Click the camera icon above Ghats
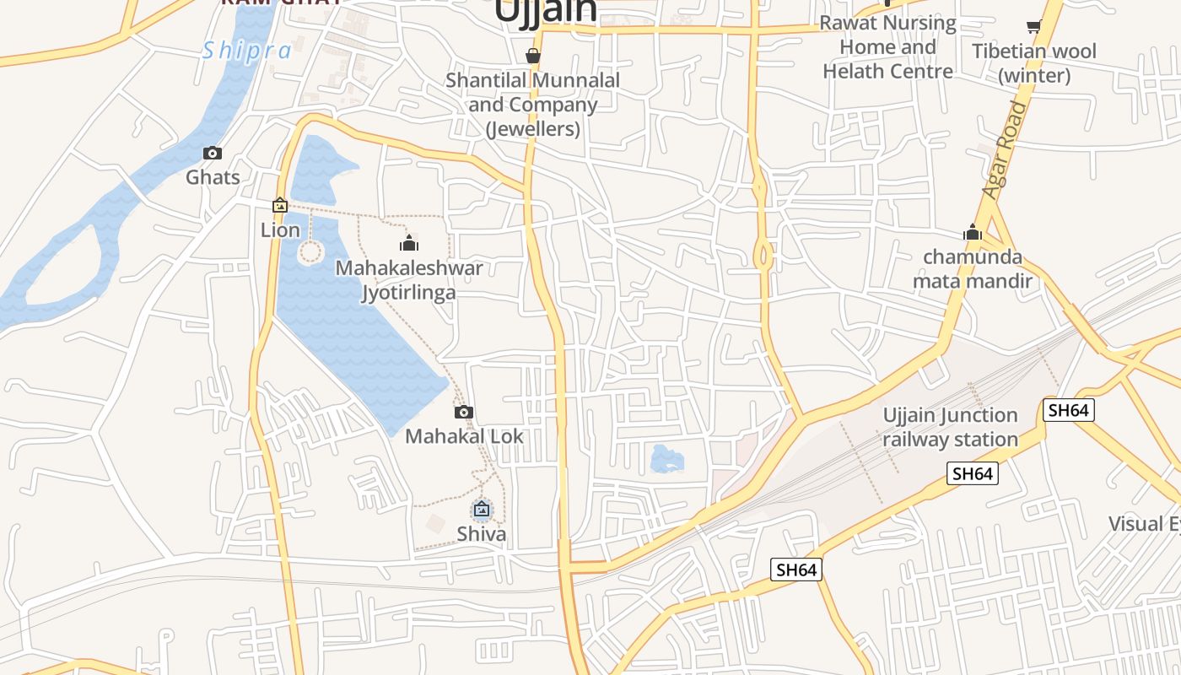tap(213, 153)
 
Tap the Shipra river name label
tap(246, 51)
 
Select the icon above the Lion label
tap(279, 205)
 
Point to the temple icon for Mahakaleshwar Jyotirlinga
tap(410, 244)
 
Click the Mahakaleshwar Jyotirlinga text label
tap(409, 280)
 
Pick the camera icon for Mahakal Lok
tap(463, 412)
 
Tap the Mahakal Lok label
tap(464, 436)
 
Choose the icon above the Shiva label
tap(482, 509)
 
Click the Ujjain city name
tap(546, 10)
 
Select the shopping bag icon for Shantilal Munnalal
tap(532, 57)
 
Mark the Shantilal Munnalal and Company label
tap(532, 105)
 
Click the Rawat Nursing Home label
tap(887, 47)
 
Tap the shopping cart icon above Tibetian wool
tap(1033, 27)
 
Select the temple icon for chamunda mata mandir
tap(973, 232)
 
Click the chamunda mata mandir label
tap(973, 268)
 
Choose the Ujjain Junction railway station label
tap(950, 427)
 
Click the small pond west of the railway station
tap(667, 458)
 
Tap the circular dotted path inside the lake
tap(310, 251)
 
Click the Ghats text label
tap(213, 177)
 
